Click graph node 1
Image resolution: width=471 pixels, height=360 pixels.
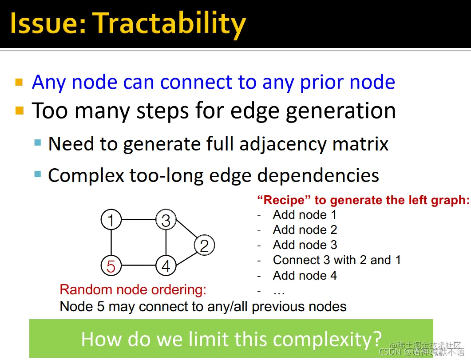coord(111,219)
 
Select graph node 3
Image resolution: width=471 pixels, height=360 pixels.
coord(166,219)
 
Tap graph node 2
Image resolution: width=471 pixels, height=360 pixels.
coord(205,245)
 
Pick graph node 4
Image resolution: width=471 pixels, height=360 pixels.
coord(166,265)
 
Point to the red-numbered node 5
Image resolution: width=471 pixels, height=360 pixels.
coord(111,265)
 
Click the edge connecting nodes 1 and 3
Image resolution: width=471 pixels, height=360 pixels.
coord(139,219)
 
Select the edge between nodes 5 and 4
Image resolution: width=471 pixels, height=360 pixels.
coord(139,265)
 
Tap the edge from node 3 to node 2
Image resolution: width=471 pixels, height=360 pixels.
coord(186,229)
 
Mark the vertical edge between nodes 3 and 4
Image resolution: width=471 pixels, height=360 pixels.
coord(166,243)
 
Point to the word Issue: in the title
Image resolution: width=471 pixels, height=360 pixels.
coord(48,24)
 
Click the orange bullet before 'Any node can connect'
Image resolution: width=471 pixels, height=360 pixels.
coord(19,82)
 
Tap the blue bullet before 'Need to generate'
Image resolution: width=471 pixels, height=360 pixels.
coord(38,142)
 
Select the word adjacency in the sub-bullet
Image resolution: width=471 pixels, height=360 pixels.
coord(283,144)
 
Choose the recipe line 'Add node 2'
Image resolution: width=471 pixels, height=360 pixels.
coord(305,230)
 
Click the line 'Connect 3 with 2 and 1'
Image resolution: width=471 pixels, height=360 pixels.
coord(337,260)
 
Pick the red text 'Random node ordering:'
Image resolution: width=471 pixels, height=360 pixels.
coord(133,290)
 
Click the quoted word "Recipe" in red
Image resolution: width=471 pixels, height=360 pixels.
coord(284,200)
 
